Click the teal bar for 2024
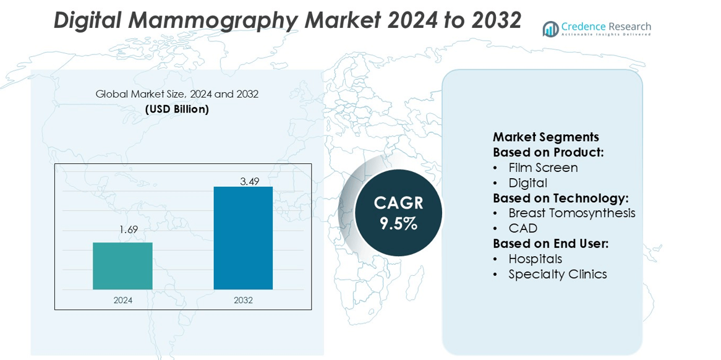point(122,266)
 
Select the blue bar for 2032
point(243,238)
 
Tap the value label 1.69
point(128,230)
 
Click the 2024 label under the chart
point(122,301)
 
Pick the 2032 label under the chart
point(243,301)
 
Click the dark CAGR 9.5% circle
point(398,213)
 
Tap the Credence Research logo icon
point(550,28)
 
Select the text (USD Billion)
point(177,109)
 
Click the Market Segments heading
point(545,137)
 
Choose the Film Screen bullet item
point(543,168)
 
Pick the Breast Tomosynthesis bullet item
point(571,213)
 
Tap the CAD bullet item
point(523,228)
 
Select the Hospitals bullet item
point(535,259)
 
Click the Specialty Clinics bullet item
point(557,274)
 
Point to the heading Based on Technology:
point(560,198)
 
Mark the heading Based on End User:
point(550,244)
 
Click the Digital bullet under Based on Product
point(527,183)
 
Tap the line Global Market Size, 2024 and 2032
point(177,94)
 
